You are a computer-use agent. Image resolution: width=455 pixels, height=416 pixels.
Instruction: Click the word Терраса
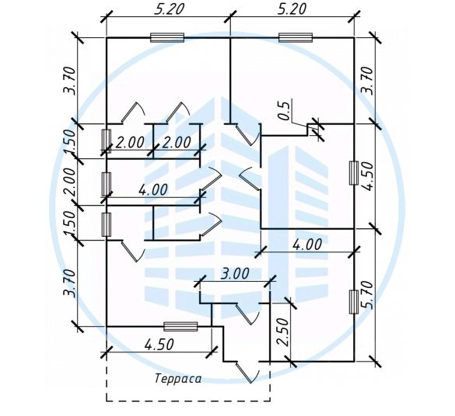pyautogui.click(x=178, y=379)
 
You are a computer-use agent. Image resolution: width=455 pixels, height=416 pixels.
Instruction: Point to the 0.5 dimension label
pyautogui.click(x=284, y=110)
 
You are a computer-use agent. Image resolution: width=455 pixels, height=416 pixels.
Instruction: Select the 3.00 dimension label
pyautogui.click(x=235, y=273)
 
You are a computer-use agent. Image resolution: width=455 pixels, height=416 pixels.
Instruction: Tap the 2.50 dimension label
pyautogui.click(x=282, y=332)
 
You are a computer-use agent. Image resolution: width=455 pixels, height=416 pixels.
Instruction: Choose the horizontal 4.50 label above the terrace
pyautogui.click(x=159, y=345)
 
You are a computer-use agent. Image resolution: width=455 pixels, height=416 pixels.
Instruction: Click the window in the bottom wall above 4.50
pyautogui.click(x=180, y=327)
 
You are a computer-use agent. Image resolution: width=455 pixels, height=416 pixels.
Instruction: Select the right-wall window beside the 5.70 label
pyautogui.click(x=353, y=302)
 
